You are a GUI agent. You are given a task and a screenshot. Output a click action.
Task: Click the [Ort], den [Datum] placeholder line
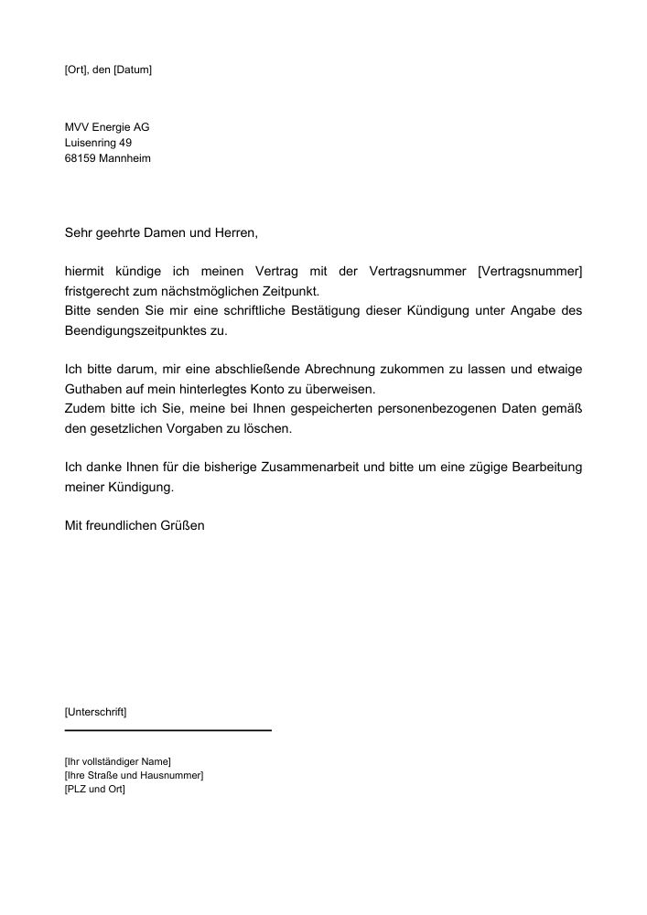[x=108, y=70]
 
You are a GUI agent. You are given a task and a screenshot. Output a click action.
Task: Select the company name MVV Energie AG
[x=107, y=127]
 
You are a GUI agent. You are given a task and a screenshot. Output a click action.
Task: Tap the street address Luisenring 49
[x=99, y=143]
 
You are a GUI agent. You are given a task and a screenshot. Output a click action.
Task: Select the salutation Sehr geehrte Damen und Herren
[x=161, y=233]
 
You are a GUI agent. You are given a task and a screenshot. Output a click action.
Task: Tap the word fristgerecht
[x=98, y=291]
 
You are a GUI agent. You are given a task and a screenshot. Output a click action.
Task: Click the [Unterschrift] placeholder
[x=96, y=711]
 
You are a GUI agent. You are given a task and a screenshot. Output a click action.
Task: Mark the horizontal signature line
[x=168, y=730]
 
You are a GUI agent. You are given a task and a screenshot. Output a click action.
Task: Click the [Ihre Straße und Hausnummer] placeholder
[x=134, y=776]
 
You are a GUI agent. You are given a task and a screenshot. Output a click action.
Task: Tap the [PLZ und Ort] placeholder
[x=94, y=791]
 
